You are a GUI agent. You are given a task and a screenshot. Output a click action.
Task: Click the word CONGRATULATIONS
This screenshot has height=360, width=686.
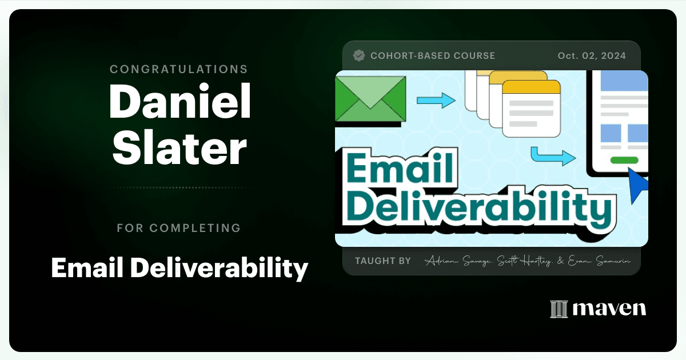(x=179, y=69)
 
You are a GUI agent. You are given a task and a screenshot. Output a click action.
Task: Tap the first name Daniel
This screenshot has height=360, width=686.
(x=180, y=101)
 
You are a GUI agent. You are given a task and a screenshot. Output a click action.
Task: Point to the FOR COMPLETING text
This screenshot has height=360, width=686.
(x=179, y=228)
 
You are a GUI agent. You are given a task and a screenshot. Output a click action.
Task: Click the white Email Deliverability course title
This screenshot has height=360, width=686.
(x=180, y=267)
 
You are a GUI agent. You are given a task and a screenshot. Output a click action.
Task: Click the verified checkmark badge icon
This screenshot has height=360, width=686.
(x=359, y=56)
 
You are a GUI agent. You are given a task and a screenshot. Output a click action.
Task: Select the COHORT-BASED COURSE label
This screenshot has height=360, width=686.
(x=433, y=56)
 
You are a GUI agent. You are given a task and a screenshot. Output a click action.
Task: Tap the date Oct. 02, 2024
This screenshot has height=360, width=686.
(x=592, y=56)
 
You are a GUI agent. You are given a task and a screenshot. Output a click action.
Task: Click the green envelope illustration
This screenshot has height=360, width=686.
(x=370, y=98)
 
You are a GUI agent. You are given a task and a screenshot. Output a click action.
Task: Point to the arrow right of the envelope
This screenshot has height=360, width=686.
(x=436, y=101)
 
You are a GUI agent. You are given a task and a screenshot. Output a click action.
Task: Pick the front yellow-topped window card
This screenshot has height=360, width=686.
(x=531, y=109)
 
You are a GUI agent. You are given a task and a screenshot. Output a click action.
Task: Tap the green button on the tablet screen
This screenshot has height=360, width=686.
(x=624, y=160)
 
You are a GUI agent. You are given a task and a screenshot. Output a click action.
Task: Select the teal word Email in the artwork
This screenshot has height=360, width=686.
(x=400, y=168)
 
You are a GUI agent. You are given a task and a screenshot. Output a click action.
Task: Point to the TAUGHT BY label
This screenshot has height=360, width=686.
(x=383, y=261)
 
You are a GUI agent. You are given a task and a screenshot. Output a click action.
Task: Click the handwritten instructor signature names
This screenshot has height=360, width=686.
(x=527, y=261)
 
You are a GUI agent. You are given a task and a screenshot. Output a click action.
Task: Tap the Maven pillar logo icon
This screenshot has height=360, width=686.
(x=559, y=309)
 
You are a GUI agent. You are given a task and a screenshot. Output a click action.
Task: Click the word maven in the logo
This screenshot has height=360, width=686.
(x=609, y=309)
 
